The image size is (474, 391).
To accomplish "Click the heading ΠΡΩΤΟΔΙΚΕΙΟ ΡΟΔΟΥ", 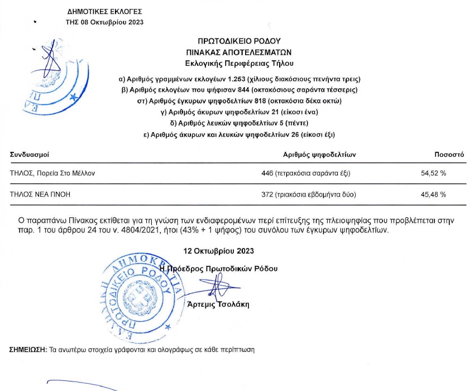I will (238, 41).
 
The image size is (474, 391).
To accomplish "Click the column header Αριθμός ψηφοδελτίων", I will (319, 154).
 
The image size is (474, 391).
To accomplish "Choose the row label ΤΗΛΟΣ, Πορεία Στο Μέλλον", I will (52, 173).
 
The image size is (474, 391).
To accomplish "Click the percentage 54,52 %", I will (434, 173).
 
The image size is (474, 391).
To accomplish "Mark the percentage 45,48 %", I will (434, 194).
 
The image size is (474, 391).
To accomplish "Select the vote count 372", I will (267, 194).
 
